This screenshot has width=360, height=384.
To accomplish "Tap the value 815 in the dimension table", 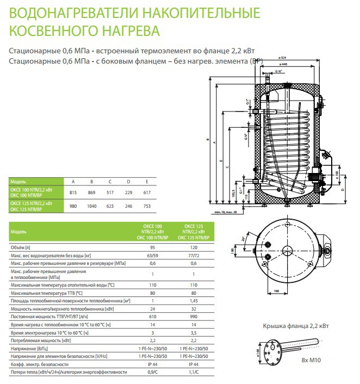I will tap(73, 192).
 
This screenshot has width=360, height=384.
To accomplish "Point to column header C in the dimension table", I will tap(110, 181).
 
